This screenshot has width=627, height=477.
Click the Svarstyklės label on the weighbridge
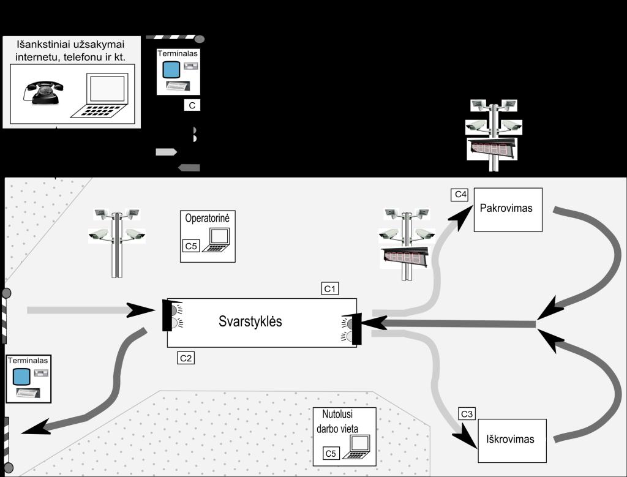250,321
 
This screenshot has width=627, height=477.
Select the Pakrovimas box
508,209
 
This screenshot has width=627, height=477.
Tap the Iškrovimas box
511,440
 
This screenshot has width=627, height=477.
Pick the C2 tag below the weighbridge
186,359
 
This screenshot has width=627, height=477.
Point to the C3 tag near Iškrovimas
467,414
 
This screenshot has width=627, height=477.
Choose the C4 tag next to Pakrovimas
460,195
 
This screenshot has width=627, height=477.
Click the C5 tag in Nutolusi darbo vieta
331,453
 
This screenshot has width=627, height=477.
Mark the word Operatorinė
208,218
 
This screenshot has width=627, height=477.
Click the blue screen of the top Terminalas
170,70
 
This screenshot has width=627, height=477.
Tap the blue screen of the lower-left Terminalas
21,376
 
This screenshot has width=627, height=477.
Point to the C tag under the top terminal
192,105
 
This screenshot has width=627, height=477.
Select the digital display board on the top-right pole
491,149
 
